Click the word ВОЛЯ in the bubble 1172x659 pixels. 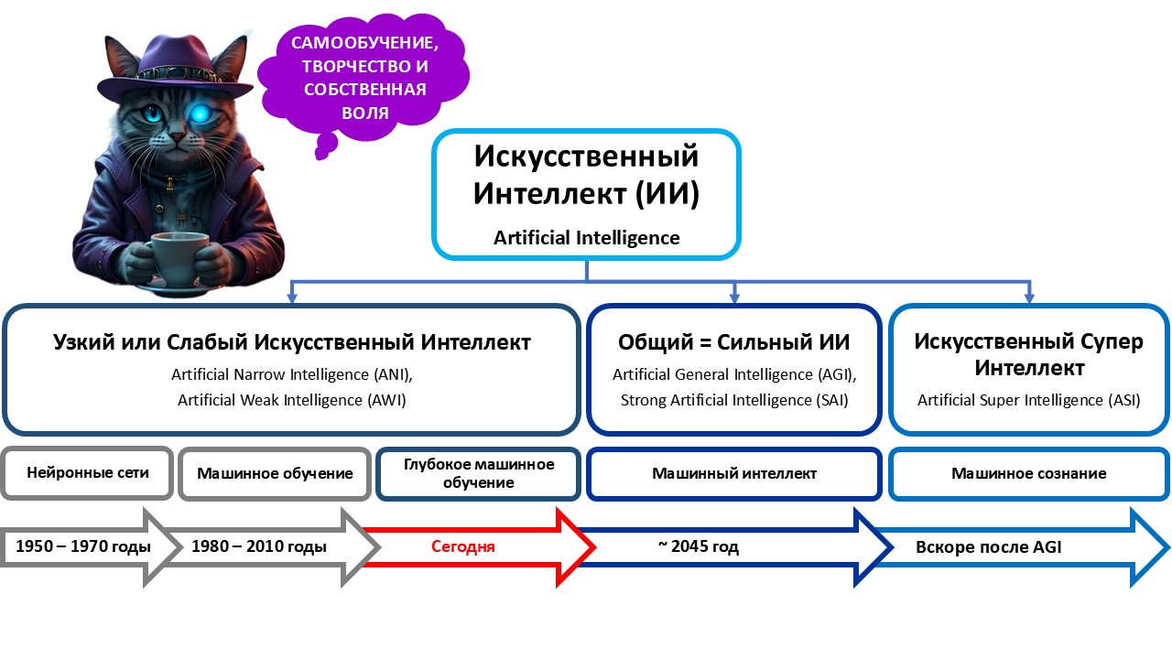(x=361, y=113)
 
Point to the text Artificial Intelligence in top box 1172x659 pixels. (x=586, y=238)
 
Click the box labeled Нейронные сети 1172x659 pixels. (x=88, y=473)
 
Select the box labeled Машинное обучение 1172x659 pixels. (x=275, y=473)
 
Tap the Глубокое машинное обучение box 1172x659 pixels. (x=479, y=473)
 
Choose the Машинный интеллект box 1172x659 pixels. (x=734, y=473)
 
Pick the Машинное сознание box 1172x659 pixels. (x=1028, y=473)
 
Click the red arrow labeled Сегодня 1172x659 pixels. (x=463, y=546)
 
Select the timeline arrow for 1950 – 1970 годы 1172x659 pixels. (x=82, y=546)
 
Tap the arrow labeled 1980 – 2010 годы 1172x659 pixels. (x=259, y=546)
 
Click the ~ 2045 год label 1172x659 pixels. (x=698, y=546)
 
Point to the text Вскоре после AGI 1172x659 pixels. (x=989, y=547)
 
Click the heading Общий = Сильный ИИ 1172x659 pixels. (x=734, y=342)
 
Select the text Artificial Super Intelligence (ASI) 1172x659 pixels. (x=1028, y=400)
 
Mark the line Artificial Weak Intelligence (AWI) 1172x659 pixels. (x=291, y=400)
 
